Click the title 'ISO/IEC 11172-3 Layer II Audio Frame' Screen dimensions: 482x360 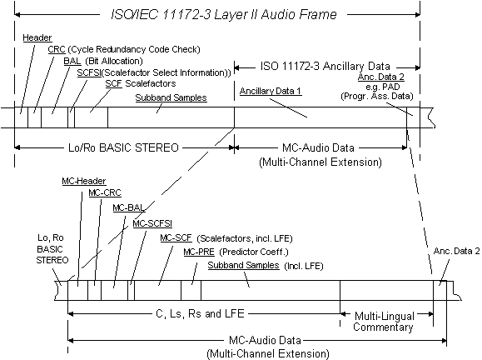coord(223,14)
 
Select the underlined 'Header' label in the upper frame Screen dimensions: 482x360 coord(37,37)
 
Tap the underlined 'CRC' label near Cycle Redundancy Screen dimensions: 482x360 coord(57,49)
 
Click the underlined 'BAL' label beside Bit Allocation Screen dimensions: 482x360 coord(72,61)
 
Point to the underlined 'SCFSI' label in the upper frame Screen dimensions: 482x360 coord(89,72)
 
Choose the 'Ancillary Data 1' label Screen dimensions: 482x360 coord(271,91)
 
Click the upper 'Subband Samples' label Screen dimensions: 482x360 coord(171,97)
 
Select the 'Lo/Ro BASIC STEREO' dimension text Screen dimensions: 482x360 coord(123,147)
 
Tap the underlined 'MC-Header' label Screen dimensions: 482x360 coord(84,181)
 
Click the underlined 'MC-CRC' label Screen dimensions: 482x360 coord(105,193)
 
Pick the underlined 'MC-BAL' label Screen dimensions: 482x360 coord(128,208)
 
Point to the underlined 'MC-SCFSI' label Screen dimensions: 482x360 coord(152,223)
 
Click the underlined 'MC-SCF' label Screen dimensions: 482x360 coord(176,237)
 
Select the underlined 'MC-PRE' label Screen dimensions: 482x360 coord(199,252)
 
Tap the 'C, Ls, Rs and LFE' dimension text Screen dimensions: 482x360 coord(200,313)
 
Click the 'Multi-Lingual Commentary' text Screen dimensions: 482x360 coord(384,322)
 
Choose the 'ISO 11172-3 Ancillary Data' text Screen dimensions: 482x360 coord(325,66)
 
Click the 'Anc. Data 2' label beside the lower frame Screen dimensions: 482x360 coord(456,251)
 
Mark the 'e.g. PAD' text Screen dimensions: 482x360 coord(383,87)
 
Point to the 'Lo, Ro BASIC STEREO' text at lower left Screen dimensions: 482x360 coord(52,249)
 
